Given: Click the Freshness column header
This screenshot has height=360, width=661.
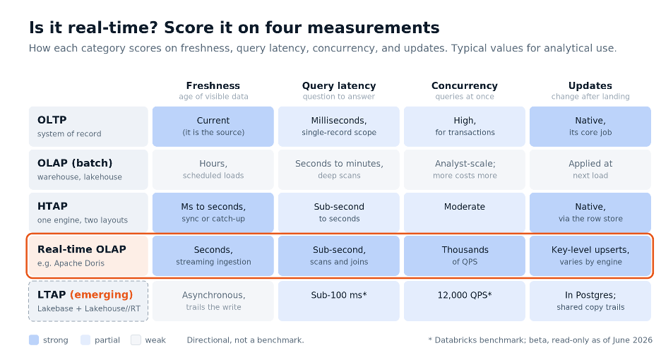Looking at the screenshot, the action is (213, 85).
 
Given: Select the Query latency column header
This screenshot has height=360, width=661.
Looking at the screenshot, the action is (339, 85).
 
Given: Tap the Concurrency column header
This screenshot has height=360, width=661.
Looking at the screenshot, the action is (465, 85).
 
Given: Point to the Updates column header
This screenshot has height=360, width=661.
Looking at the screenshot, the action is (590, 85).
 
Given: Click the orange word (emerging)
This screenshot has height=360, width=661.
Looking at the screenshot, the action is (101, 294).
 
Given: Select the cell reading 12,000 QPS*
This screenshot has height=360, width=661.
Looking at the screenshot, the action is (465, 301).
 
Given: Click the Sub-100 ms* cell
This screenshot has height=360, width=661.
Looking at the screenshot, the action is (339, 301).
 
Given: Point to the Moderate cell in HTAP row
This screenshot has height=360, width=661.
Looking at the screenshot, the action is (465, 212).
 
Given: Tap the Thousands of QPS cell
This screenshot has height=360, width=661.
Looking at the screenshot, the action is (465, 256).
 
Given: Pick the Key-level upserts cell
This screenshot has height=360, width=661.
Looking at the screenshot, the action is (590, 256).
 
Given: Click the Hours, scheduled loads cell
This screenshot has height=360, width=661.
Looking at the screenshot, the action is (213, 169).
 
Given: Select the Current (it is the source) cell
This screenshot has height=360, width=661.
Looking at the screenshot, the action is (213, 126).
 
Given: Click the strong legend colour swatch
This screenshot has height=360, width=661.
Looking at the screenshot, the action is (34, 340).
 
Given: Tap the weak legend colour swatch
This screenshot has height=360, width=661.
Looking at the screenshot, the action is (136, 340).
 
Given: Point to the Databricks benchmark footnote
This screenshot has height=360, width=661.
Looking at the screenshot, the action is (540, 340).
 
